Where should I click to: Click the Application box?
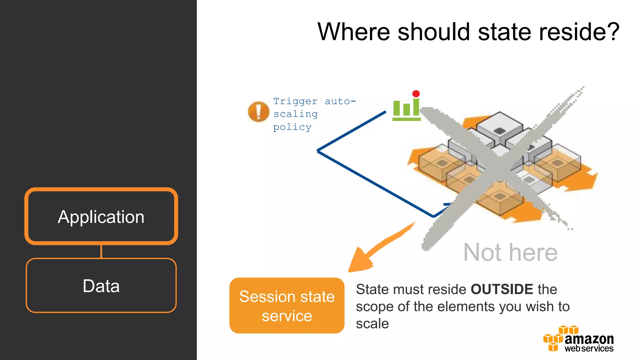point(101,216)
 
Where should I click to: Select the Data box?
point(101,285)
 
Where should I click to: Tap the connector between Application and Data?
point(101,252)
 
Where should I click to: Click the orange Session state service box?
point(287,305)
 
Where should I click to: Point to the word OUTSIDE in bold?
point(502,289)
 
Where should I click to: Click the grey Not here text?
point(510,252)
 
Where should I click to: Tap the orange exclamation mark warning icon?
point(258,112)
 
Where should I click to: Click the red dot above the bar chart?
point(416,93)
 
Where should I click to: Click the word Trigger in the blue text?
point(295,101)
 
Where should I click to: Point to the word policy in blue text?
point(292,127)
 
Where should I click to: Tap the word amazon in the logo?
point(589,339)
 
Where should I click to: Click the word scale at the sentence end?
point(372,324)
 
